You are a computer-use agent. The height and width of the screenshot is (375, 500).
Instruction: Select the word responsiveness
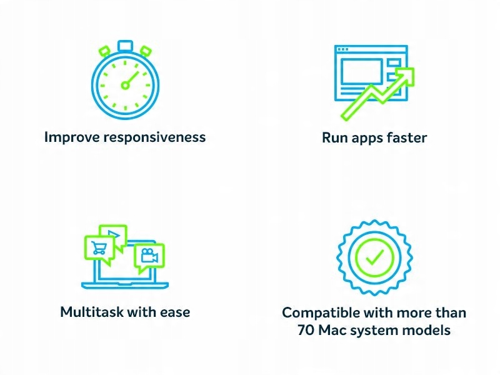154,137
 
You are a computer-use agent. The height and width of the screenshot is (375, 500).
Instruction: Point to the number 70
306,330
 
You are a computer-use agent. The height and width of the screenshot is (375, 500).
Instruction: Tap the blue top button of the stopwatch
125,46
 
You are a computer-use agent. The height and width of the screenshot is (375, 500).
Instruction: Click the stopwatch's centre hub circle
126,85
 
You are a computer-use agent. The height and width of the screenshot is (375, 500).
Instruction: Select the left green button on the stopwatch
104,51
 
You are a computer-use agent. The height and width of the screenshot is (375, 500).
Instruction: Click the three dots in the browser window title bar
343,49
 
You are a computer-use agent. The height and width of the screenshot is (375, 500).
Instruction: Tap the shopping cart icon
99,247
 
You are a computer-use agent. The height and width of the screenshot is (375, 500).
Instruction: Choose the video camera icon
149,256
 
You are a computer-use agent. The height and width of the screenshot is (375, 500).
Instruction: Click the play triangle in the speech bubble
114,235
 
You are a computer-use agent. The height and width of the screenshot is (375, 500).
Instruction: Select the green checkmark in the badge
374,257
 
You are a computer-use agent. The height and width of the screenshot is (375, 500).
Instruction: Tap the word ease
175,312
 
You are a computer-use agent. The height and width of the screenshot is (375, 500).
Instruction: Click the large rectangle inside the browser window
362,72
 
